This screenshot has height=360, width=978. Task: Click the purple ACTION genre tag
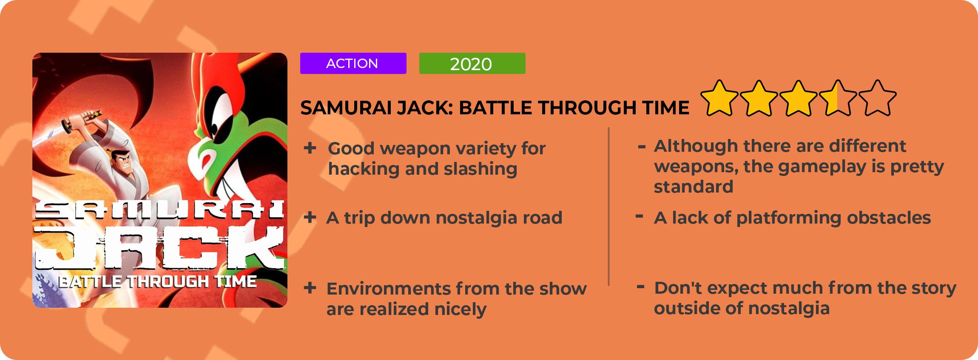(353, 63)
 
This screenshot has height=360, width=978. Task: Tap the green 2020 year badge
(472, 63)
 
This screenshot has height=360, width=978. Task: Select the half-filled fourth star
(838, 99)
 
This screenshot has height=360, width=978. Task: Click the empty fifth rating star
(877, 99)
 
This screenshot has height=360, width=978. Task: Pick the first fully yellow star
(719, 99)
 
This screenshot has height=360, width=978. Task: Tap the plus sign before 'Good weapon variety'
(310, 148)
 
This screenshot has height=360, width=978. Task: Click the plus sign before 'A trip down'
(310, 218)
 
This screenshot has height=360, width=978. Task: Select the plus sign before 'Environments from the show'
(310, 288)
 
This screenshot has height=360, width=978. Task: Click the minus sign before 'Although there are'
(642, 147)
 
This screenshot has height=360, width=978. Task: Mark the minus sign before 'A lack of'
(639, 217)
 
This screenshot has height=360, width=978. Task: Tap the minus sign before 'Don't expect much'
(640, 287)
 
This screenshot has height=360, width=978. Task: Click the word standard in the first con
(694, 187)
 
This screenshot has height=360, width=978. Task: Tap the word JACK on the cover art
(159, 249)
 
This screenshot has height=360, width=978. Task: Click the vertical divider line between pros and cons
(609, 207)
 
